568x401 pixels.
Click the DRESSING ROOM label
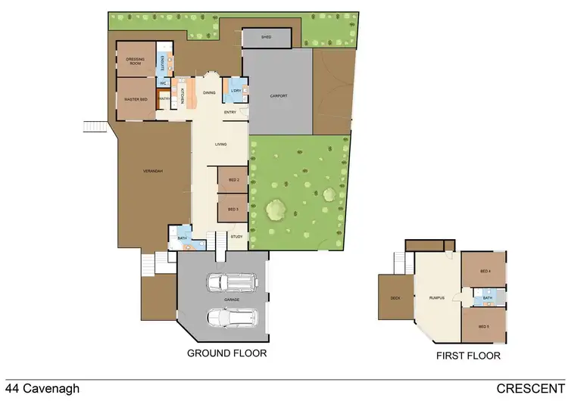[136, 61]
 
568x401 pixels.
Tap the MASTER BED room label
[136, 99]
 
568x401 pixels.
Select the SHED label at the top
[266, 36]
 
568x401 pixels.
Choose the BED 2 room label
[233, 180]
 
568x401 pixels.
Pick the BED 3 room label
[233, 208]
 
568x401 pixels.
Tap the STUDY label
[236, 238]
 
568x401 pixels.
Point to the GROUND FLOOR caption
[226, 353]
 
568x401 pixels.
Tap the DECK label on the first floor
[395, 298]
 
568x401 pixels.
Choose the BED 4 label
[485, 271]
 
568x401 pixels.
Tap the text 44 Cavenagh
[42, 390]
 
